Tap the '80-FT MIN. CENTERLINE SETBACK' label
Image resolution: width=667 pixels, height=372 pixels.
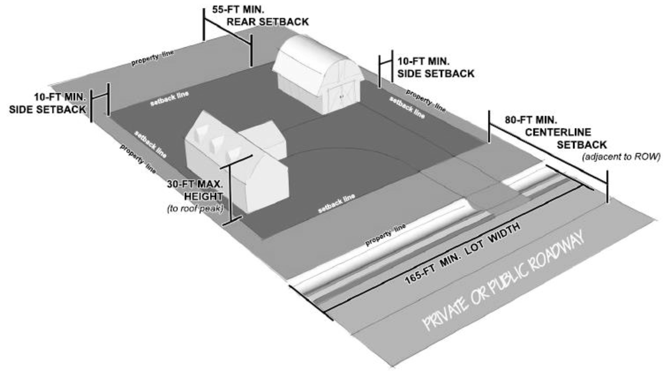click(555, 132)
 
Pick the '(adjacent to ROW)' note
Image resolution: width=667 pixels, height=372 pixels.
click(621, 157)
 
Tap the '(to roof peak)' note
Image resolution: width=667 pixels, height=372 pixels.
click(195, 208)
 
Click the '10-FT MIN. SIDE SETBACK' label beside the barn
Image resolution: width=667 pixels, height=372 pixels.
click(435, 67)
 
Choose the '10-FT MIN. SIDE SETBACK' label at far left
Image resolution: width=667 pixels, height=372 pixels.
click(48, 103)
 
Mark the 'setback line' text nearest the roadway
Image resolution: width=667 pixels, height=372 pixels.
click(336, 203)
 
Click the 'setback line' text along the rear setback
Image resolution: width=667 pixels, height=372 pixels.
click(169, 99)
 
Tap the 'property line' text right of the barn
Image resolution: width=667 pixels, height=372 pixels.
click(425, 100)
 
